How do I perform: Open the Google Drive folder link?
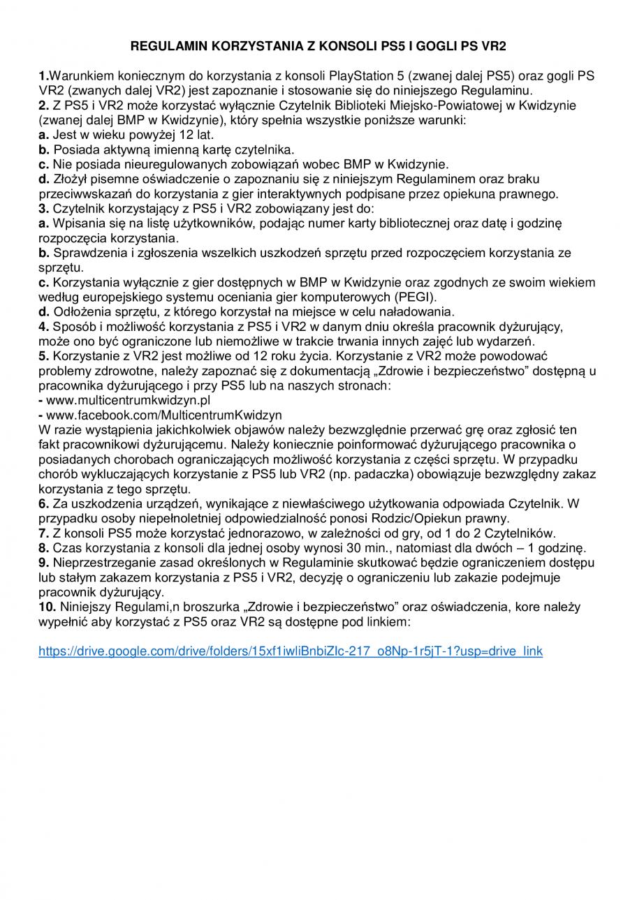(290, 651)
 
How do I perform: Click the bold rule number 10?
(47, 607)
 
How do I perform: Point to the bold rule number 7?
(43, 533)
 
